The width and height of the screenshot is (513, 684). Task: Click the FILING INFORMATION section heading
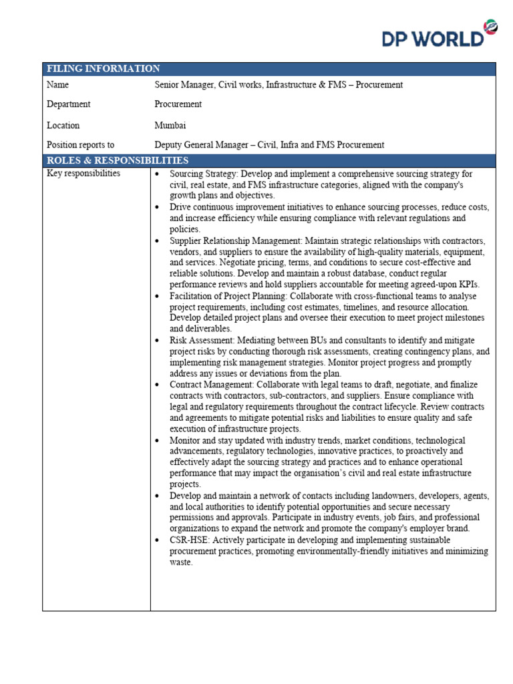[x=103, y=69]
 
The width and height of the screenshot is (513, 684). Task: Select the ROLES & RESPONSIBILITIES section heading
[x=117, y=160]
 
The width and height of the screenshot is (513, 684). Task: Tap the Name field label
[x=57, y=85]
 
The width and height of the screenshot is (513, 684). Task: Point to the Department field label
[x=68, y=104]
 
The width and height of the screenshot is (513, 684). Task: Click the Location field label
[x=63, y=125]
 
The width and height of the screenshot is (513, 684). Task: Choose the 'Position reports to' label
[x=80, y=144]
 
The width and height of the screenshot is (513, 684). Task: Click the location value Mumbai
[x=170, y=125]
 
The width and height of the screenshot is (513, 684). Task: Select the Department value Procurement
[x=178, y=104]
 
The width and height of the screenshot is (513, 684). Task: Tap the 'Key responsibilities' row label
[x=83, y=174]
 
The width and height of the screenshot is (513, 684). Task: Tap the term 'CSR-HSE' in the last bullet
[x=189, y=540]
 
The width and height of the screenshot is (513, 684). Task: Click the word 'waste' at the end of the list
[x=180, y=562]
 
